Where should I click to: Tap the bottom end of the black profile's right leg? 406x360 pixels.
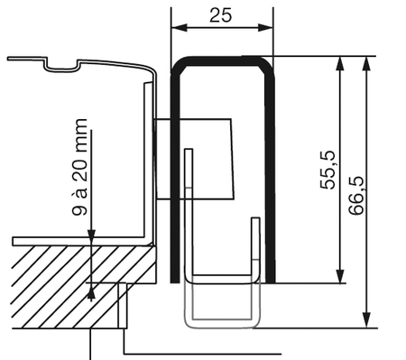[x=271, y=279]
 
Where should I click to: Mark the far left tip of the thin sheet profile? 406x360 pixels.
[x=9, y=60]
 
